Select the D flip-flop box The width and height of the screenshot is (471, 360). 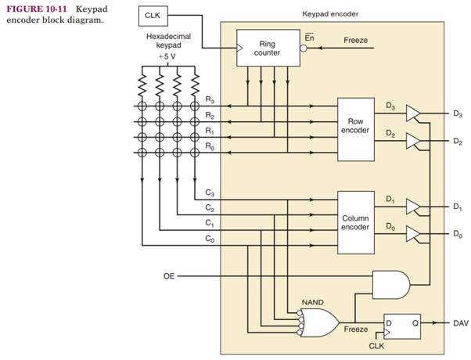(399, 322)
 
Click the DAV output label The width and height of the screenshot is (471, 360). (461, 322)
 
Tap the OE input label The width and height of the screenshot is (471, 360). (169, 276)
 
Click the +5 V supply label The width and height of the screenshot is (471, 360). (167, 57)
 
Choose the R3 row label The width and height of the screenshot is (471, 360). (209, 100)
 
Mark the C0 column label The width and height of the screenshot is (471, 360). (209, 239)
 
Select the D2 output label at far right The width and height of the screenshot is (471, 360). (457, 142)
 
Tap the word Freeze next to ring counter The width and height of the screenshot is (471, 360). (356, 39)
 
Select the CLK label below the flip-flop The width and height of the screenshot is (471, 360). (376, 344)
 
